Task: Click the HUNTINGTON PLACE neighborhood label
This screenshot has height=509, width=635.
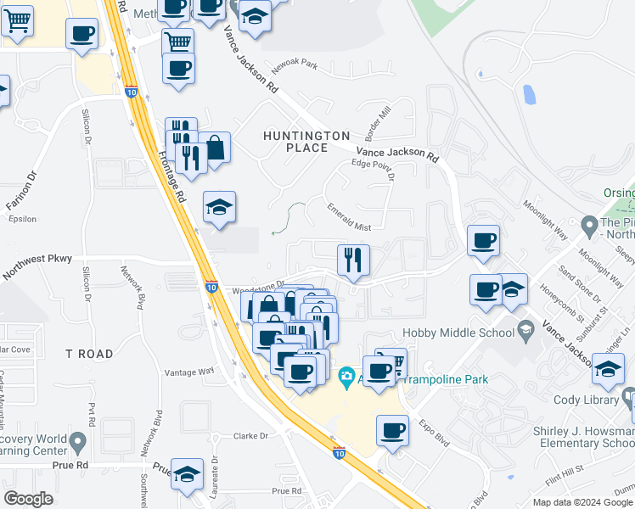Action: tap(306, 142)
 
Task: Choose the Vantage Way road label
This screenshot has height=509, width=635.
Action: tap(190, 372)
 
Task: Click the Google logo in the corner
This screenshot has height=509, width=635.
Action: tap(28, 499)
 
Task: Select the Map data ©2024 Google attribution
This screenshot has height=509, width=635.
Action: tap(582, 502)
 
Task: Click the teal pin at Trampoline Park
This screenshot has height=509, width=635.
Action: tap(346, 375)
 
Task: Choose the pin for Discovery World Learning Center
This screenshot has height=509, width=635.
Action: tap(78, 441)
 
